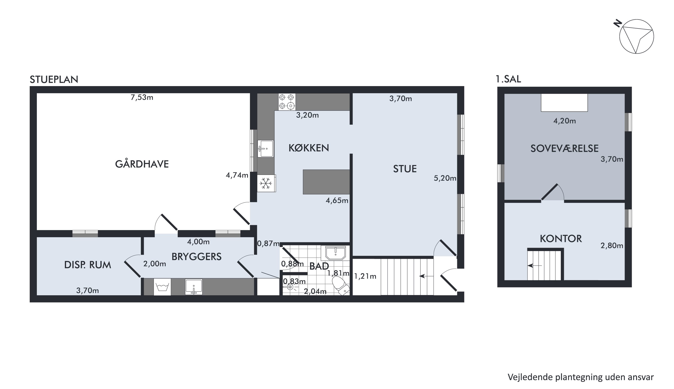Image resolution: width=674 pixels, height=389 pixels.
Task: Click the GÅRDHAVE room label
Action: pos(142,164)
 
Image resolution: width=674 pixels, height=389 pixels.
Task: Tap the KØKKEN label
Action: pos(309,148)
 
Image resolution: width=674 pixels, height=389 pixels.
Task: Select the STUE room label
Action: pos(405,169)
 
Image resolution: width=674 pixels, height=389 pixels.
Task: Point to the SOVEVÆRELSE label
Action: pos(564,148)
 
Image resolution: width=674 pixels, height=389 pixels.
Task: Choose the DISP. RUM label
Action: pos(88,265)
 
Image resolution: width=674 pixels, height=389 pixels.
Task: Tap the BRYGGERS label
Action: pos(197,256)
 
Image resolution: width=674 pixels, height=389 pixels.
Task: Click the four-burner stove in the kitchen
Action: pos(287,102)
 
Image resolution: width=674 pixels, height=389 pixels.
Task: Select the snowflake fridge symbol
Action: pos(266,183)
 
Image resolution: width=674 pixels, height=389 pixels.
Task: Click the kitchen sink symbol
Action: pos(265,148)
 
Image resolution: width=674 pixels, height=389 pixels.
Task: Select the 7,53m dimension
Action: pos(142,98)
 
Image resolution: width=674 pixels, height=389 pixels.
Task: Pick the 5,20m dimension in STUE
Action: pos(445,178)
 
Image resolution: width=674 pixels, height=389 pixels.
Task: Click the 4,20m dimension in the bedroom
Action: pos(564,121)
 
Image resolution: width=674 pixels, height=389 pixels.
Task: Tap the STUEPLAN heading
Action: pos(54,80)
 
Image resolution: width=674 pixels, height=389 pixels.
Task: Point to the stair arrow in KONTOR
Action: pos(535,266)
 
